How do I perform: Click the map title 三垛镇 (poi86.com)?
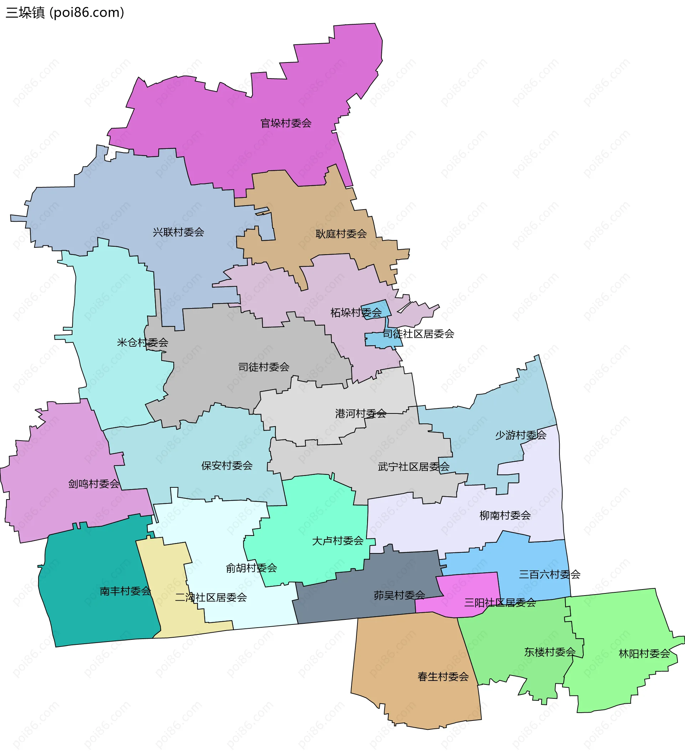point(65,13)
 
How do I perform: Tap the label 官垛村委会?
point(285,123)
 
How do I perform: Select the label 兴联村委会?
point(178,232)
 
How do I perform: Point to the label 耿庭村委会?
point(341,234)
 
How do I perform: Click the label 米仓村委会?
point(143,342)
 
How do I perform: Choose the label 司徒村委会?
point(264,367)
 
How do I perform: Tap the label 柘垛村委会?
point(356,313)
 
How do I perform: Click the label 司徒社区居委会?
point(418,334)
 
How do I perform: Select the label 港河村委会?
point(361,413)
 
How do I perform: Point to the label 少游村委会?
point(521,435)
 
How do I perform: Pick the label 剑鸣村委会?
point(94,484)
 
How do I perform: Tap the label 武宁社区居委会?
point(413,467)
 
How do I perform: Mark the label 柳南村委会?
point(505,516)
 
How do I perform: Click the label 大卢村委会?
point(338,541)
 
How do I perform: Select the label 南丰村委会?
point(126,591)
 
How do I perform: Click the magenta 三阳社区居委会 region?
point(467,590)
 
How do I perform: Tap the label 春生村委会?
point(443,677)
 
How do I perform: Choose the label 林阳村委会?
point(644,654)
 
